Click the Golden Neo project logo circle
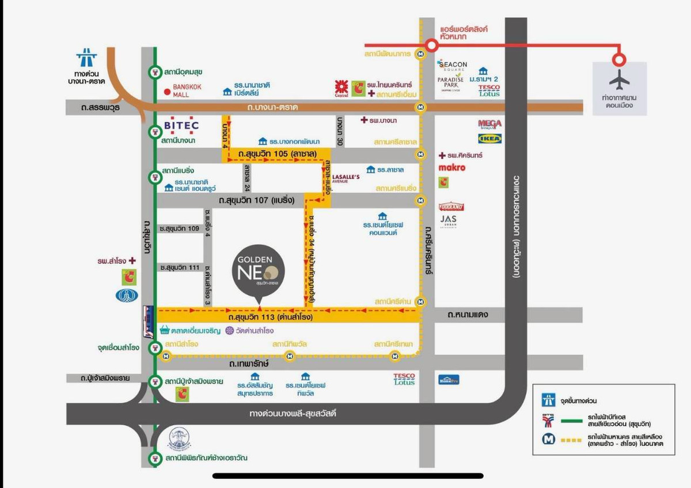click(x=259, y=273)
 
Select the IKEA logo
click(x=489, y=138)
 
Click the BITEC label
click(x=181, y=125)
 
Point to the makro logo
click(x=452, y=168)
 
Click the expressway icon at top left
click(x=86, y=58)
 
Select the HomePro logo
click(x=449, y=380)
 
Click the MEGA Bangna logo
click(x=489, y=124)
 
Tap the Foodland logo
click(x=451, y=206)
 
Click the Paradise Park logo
click(x=450, y=80)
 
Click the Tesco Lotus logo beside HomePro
click(x=404, y=379)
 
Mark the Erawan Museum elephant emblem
click(x=180, y=438)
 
